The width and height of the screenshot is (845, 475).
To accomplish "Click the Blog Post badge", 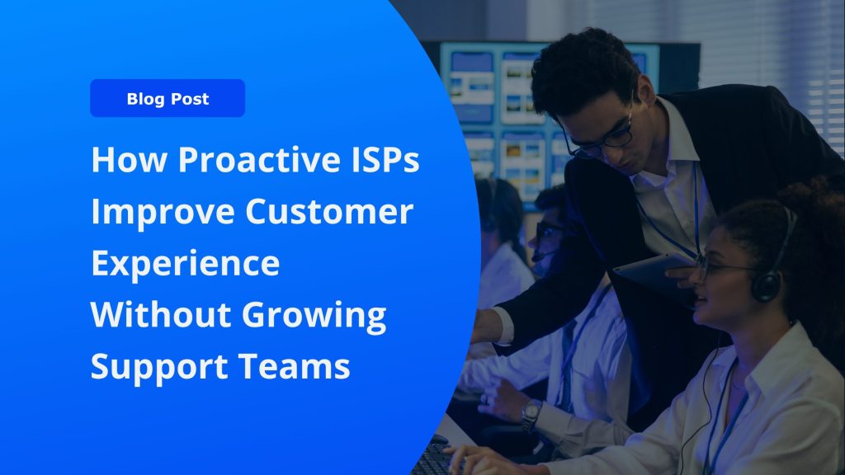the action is pos(168,98).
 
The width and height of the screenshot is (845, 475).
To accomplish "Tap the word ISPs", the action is pos(380,159).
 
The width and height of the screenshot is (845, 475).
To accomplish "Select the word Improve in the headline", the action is pos(163,212).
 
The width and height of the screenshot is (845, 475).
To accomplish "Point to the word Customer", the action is pos(329,211).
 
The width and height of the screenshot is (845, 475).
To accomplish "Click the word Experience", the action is pos(186,263).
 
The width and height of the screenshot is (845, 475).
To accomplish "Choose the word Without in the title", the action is pos(160,314).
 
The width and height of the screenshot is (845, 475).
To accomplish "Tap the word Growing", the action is pos(314,316).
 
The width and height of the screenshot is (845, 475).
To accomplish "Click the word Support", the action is pos(158,367).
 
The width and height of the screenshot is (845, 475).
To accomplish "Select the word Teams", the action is pos(295,366).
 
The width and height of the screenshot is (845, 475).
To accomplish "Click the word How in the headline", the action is pos(129,159).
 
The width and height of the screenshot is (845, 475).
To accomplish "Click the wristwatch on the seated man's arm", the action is pos(531,415).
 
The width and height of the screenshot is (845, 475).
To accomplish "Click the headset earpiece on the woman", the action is pos(767,285).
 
